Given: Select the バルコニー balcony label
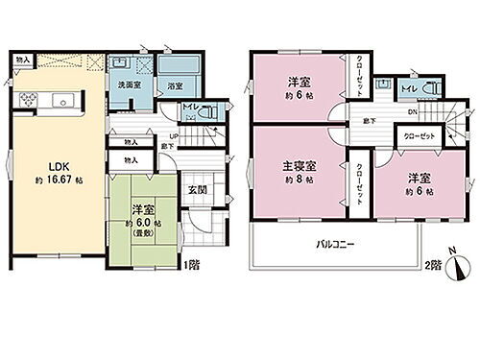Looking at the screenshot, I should [336, 244].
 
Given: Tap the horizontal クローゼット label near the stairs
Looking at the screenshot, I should [420, 136].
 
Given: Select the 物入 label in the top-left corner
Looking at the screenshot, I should [22, 60].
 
